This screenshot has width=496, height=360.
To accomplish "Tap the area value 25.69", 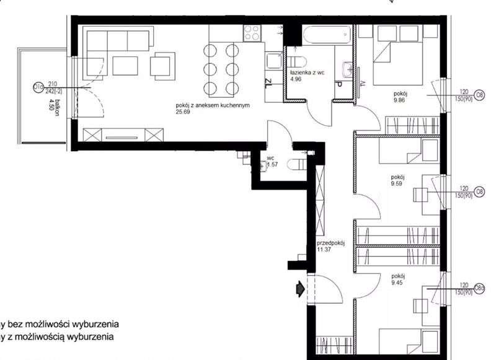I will [184, 112].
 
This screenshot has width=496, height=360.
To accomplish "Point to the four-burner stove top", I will [252, 33].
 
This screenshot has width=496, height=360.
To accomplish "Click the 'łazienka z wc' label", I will [307, 72].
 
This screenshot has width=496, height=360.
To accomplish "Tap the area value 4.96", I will [296, 79].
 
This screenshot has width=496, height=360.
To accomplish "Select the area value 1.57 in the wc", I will [272, 165].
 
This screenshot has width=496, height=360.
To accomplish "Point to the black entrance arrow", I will [299, 288].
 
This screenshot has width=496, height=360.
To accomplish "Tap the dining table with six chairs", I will [221, 67].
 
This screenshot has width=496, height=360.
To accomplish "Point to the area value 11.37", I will [324, 250].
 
